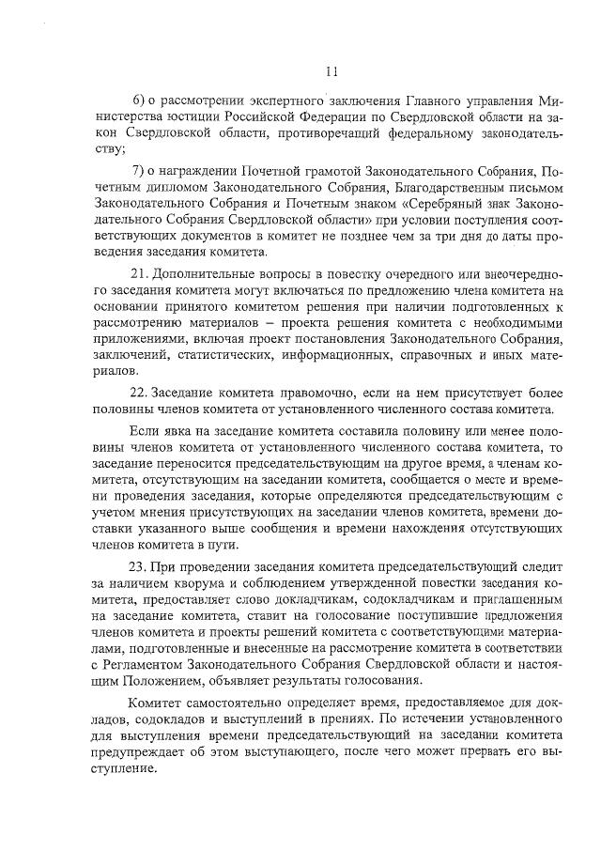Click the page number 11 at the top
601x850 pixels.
point(331,70)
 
